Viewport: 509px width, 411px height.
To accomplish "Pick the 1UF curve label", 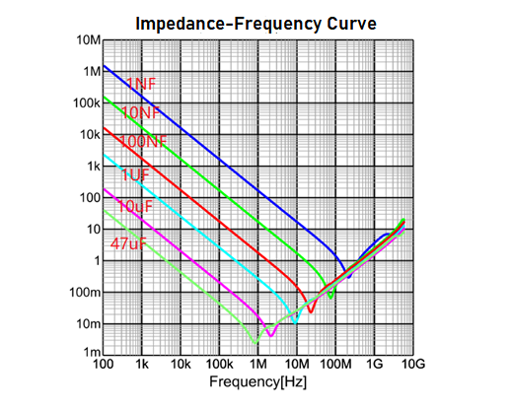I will point(134,174).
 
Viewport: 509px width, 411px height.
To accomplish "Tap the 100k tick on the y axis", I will point(84,103).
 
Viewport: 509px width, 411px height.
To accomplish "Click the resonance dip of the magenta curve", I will point(270,335).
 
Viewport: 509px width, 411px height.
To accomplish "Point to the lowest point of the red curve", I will point(311,312).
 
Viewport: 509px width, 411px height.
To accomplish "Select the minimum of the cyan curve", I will point(293,322).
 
